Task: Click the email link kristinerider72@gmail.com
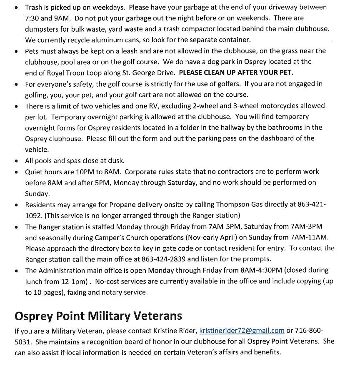point(242,331)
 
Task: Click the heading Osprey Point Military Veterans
point(98,316)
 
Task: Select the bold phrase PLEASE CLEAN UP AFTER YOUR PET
point(236,73)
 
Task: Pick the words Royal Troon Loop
point(67,73)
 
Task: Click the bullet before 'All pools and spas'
point(16,161)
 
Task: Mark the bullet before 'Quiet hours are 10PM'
point(16,172)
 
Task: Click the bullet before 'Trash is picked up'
point(16,8)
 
